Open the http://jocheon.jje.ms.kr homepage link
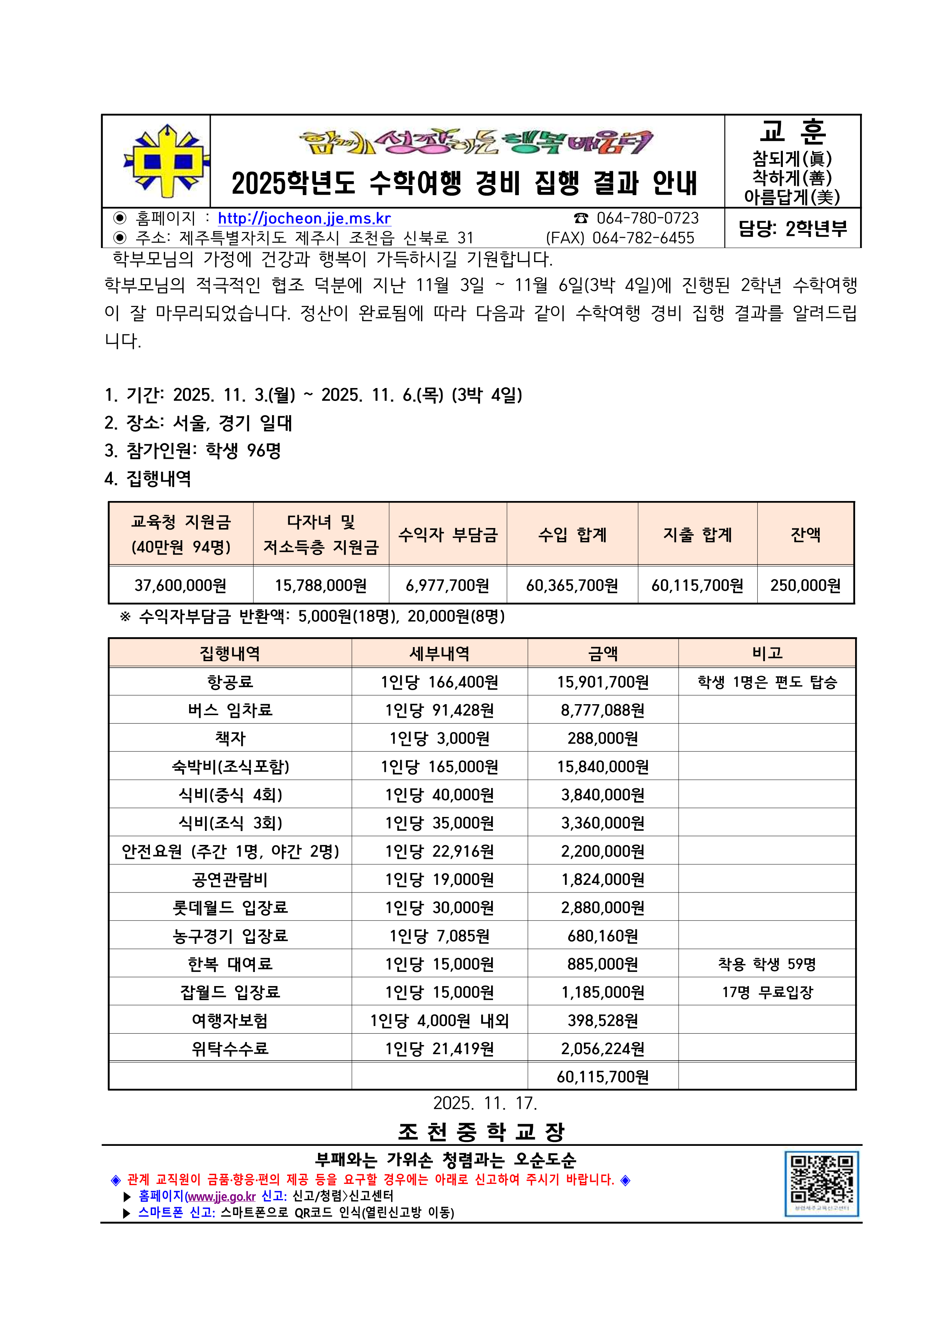[304, 218]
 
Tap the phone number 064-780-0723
[647, 218]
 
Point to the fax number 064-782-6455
[643, 238]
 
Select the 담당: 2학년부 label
[793, 229]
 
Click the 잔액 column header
[805, 534]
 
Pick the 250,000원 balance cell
[805, 585]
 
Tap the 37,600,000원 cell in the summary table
[181, 585]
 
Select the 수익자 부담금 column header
[448, 534]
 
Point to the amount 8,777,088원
[603, 710]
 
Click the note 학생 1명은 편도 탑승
[767, 682]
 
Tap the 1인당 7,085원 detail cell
[440, 936]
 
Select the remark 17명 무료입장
[767, 992]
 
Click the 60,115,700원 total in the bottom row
[603, 1077]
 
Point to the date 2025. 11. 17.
[485, 1103]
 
